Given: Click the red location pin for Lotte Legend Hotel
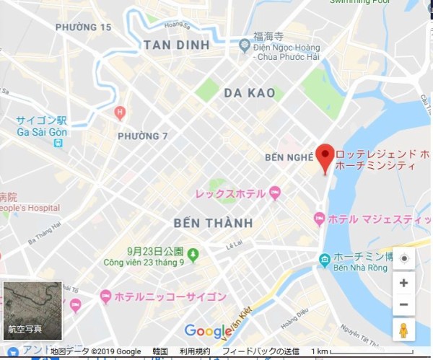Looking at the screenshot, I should (x=325, y=157).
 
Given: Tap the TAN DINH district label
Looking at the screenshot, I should (x=177, y=45).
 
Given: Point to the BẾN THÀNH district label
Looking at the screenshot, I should (x=213, y=221).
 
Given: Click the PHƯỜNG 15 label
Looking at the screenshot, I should (x=83, y=27).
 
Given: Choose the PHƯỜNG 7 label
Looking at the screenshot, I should (x=142, y=136).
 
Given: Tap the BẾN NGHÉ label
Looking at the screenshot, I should (x=289, y=156).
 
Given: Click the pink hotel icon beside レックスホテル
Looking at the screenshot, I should (x=274, y=193).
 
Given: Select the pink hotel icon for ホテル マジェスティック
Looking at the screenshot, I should (x=320, y=218).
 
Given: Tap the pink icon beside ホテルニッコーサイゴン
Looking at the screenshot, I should (x=106, y=296).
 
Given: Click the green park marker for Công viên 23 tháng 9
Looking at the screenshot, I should (x=193, y=255).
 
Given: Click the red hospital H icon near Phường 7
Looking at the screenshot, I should (x=120, y=113).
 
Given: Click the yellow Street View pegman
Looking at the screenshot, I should (x=403, y=330).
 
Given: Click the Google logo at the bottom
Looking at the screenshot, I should (x=208, y=331).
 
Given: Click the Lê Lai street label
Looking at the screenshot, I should (x=235, y=245).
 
